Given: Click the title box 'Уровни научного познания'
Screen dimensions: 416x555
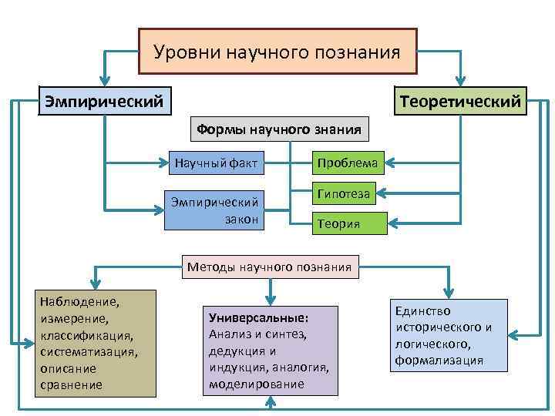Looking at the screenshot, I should (x=277, y=52).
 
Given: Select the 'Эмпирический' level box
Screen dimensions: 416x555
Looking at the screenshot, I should (x=104, y=101).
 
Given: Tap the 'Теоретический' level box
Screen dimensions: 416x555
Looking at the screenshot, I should (x=460, y=101).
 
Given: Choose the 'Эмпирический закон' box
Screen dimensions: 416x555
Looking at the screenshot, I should (x=214, y=210).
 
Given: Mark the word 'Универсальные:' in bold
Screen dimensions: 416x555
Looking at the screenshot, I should (x=258, y=317).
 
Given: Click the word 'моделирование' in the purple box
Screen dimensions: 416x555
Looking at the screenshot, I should (x=256, y=384).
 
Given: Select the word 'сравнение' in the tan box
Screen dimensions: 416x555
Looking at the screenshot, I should (x=70, y=384).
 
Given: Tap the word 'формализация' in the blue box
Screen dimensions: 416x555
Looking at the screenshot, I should (x=439, y=360).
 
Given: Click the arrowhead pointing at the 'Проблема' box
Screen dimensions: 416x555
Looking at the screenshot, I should (x=391, y=163).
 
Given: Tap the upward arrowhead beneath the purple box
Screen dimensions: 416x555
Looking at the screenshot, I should (x=269, y=402).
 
